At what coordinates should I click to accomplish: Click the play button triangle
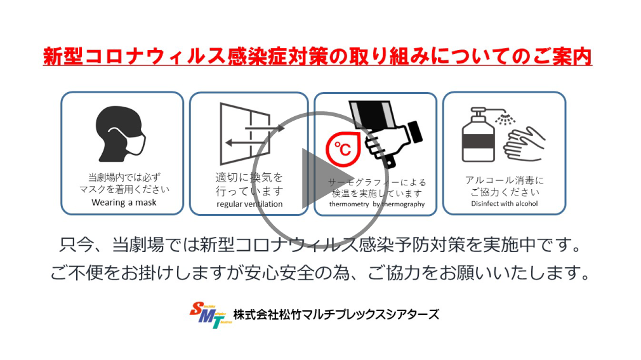[x=323, y=178]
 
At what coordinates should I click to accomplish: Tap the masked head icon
[x=120, y=134]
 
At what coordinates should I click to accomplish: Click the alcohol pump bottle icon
[x=479, y=135]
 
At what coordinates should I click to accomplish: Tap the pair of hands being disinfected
[x=524, y=144]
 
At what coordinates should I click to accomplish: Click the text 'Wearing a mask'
[x=124, y=203]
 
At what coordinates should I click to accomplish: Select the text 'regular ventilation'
[x=249, y=204]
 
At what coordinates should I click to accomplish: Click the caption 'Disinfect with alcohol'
[x=505, y=203]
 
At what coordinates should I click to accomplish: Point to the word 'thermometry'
[x=349, y=204]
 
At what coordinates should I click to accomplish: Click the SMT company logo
[x=211, y=315]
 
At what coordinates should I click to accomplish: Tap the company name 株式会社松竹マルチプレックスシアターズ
[x=336, y=314]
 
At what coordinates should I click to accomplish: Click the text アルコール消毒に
[x=505, y=180]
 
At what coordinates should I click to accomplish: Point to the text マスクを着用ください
[x=124, y=189]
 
